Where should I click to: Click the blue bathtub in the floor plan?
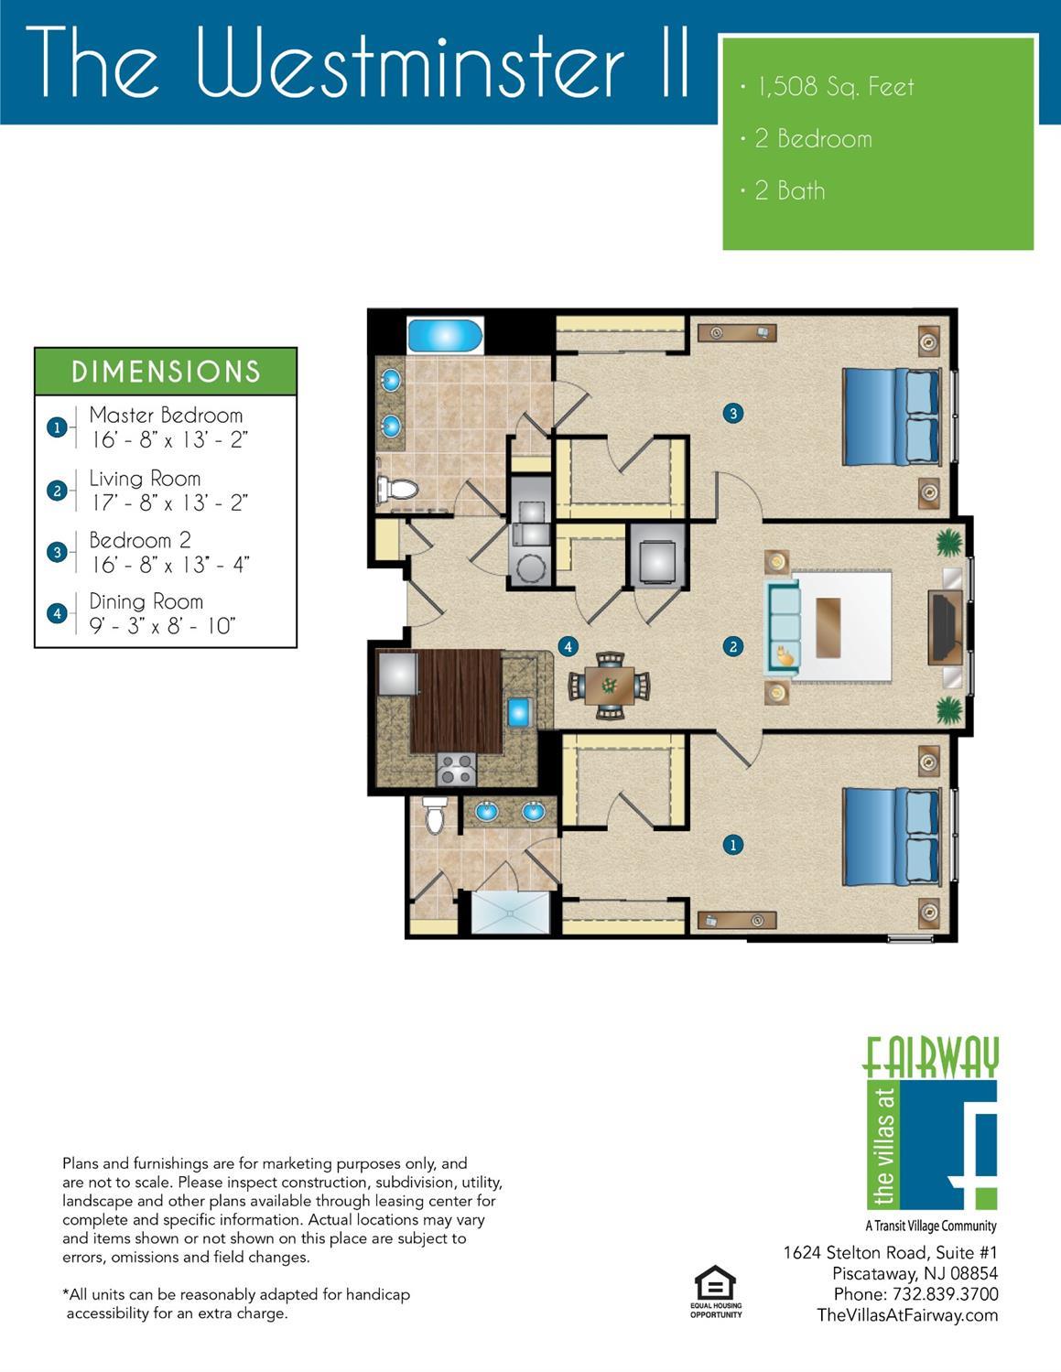(x=445, y=336)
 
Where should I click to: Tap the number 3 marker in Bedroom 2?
(x=732, y=414)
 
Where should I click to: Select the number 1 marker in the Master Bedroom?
(x=732, y=845)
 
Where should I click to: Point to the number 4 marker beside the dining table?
(x=568, y=646)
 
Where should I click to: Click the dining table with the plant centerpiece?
(x=610, y=685)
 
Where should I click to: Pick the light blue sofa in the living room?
(x=783, y=626)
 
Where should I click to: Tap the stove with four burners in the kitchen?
(x=457, y=770)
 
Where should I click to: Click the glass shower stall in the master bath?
(x=511, y=912)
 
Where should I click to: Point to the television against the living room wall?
(x=945, y=627)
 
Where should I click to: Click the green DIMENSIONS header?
(x=166, y=372)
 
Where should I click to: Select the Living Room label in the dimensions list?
(x=145, y=478)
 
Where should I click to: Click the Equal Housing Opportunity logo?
(x=716, y=1291)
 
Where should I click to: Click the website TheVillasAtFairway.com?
(x=907, y=1315)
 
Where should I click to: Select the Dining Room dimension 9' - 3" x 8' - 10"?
(x=162, y=626)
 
